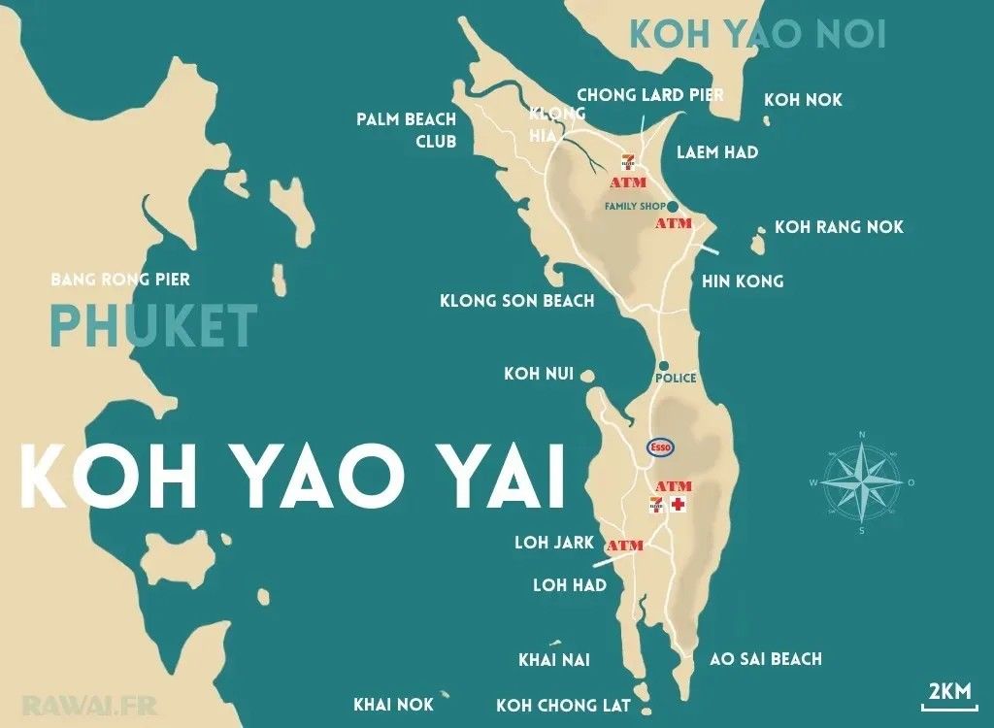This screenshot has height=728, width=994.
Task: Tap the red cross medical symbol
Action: [679, 505]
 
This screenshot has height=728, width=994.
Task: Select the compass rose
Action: [861, 481]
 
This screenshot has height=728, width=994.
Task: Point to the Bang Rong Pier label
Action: [120, 280]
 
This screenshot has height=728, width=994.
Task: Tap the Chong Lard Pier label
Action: [650, 95]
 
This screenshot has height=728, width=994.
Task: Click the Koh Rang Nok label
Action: [839, 227]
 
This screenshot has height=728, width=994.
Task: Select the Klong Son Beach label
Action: [517, 301]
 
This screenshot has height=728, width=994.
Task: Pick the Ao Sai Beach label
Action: [766, 659]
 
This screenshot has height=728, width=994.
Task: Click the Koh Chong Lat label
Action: [564, 706]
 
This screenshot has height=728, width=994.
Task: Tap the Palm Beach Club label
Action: [407, 130]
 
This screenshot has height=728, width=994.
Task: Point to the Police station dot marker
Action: [664, 365]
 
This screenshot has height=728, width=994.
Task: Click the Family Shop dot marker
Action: [673, 206]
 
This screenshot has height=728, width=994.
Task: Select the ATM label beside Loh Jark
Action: [624, 546]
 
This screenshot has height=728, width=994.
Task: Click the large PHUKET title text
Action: [153, 326]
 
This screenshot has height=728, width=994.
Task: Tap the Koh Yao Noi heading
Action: [757, 35]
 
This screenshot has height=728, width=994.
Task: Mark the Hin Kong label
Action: [743, 281]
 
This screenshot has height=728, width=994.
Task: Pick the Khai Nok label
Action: [393, 705]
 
